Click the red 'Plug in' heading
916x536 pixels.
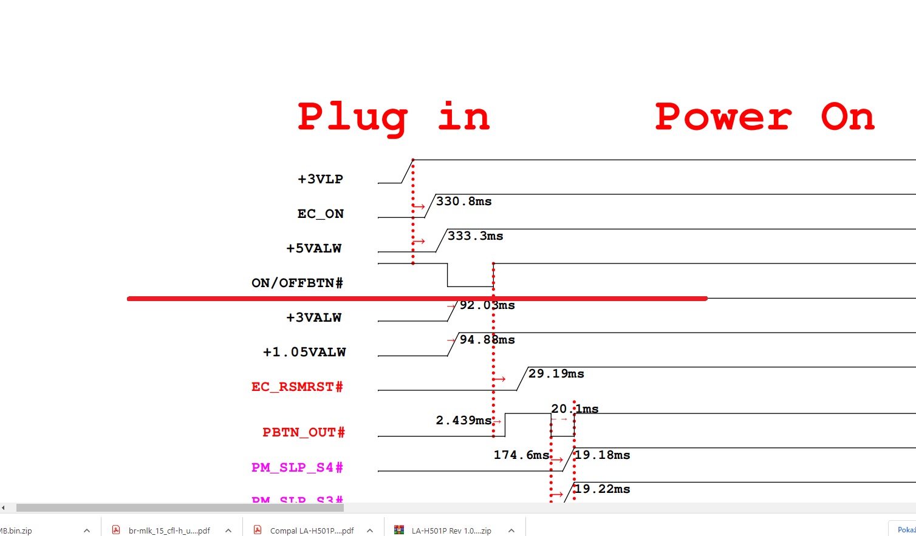click(x=394, y=117)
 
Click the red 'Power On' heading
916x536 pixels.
click(x=765, y=117)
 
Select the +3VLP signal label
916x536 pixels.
click(x=320, y=179)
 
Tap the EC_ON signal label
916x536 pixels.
click(x=320, y=214)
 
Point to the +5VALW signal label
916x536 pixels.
click(x=314, y=248)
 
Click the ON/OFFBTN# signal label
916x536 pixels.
click(x=297, y=283)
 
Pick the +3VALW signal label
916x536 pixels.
click(x=314, y=317)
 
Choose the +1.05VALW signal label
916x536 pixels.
click(x=304, y=352)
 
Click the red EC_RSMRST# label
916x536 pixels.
click(x=297, y=387)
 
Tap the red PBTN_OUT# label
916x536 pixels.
click(x=303, y=432)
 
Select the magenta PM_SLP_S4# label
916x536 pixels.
click(x=297, y=467)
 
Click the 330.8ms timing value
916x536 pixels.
click(x=464, y=202)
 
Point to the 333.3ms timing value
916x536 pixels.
click(x=476, y=236)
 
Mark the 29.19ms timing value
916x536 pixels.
click(x=556, y=374)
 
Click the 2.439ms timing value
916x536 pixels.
click(x=463, y=420)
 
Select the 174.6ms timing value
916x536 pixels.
click(x=521, y=455)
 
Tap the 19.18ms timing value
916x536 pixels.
click(x=603, y=455)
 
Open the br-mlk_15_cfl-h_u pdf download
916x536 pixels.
click(x=169, y=531)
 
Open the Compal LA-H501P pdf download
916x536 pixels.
click(x=312, y=531)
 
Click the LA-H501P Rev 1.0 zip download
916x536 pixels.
click(x=451, y=531)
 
